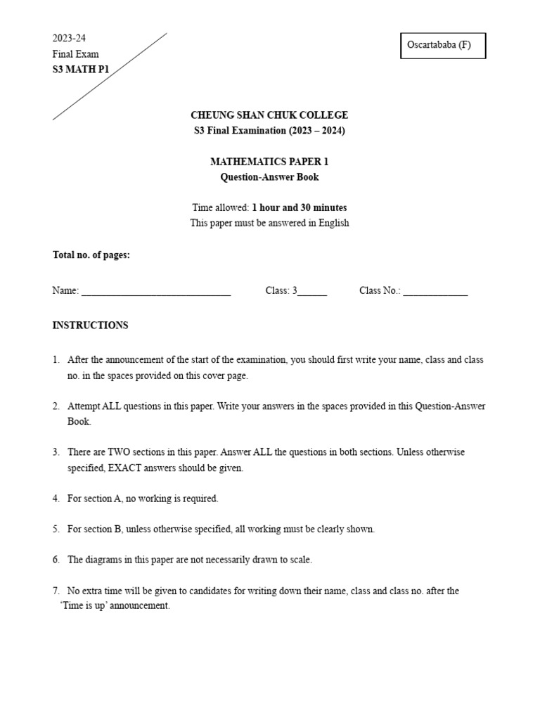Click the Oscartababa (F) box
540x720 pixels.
(443, 46)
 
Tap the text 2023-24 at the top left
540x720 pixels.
(69, 38)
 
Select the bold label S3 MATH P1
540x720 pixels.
(81, 69)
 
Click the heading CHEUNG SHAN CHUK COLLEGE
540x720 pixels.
(269, 115)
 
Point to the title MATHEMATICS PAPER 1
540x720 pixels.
(269, 162)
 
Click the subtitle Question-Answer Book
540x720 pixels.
(269, 177)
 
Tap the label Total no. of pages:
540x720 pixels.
(91, 255)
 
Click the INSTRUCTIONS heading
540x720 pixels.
(90, 326)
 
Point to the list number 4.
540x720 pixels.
(56, 499)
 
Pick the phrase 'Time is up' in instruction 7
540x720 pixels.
(87, 606)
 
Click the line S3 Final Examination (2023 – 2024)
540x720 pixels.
(269, 131)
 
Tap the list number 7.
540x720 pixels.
(56, 591)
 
